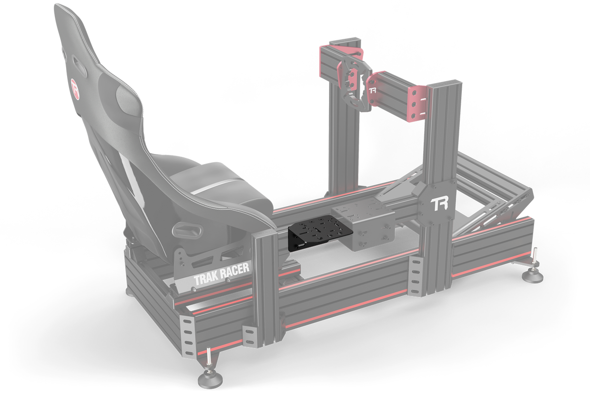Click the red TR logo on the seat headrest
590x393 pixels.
pos(75,87)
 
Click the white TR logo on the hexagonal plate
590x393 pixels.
pos(441,202)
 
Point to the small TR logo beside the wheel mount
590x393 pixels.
pos(373,90)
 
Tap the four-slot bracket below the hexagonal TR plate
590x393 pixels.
pos(416,276)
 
